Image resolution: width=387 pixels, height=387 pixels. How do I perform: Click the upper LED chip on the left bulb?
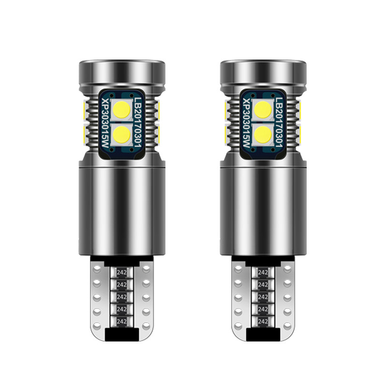click(122, 110)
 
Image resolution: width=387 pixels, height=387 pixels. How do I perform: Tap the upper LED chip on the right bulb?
click(263, 110)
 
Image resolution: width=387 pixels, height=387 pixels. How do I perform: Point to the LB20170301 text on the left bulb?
click(138, 122)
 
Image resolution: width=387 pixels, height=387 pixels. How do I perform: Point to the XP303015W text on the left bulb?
click(105, 123)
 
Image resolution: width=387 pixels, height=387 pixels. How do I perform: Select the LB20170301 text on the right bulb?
click(279, 122)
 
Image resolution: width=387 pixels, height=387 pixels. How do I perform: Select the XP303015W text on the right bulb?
click(247, 123)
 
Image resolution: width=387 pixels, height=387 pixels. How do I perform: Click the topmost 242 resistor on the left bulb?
click(122, 272)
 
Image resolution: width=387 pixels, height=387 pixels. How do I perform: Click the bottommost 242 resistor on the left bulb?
click(122, 321)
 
